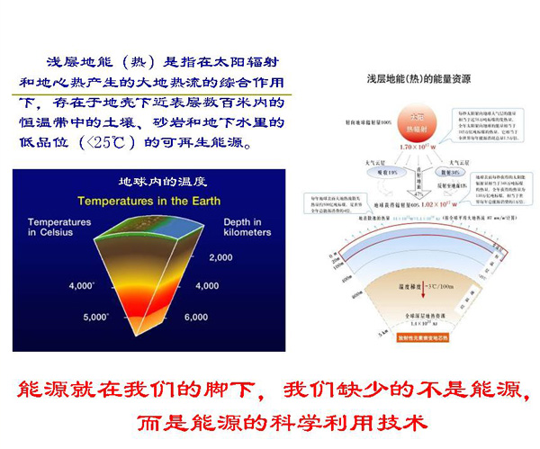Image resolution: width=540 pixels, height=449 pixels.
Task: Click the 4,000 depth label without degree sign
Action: coord(207,286)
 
